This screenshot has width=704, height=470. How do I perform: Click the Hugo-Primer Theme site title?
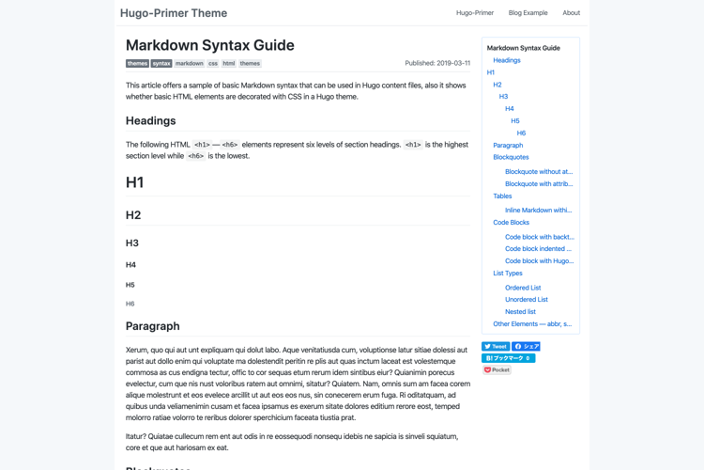click(174, 13)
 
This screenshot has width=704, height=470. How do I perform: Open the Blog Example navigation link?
click(528, 13)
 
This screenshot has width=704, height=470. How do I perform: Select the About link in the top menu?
click(571, 13)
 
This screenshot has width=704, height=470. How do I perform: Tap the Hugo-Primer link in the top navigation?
click(475, 13)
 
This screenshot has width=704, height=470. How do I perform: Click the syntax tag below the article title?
click(161, 64)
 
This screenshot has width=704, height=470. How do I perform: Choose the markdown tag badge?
click(190, 64)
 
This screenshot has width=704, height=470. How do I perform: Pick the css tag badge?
click(213, 64)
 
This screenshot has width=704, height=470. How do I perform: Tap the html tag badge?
click(229, 64)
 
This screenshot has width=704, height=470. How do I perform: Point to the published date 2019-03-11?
click(437, 64)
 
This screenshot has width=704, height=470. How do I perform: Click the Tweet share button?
click(496, 347)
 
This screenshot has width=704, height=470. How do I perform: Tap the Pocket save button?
click(497, 370)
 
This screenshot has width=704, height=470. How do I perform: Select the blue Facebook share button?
click(526, 347)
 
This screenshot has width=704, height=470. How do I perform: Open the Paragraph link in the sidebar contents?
click(508, 146)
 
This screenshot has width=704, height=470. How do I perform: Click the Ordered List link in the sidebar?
click(523, 288)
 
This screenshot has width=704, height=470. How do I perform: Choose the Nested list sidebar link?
click(520, 312)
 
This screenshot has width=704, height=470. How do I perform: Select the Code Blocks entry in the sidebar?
click(511, 223)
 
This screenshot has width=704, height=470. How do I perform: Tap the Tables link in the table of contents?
click(502, 196)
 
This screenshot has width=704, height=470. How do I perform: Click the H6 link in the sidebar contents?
click(521, 133)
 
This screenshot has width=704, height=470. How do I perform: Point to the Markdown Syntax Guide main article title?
click(210, 45)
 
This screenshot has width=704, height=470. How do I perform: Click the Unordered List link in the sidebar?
click(527, 300)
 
